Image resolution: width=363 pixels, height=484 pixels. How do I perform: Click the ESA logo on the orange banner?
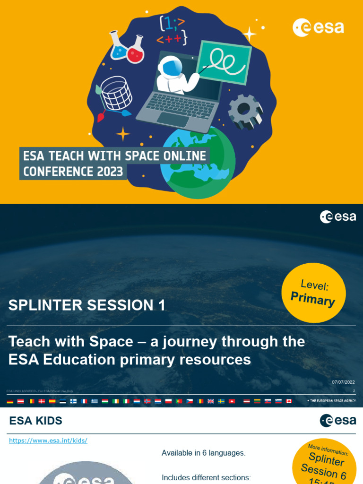[x=318, y=27]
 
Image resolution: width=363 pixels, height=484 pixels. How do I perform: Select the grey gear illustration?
[x=245, y=112]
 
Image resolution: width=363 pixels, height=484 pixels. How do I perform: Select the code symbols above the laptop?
[x=173, y=30]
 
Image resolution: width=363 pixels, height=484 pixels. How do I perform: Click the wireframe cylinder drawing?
[x=116, y=93]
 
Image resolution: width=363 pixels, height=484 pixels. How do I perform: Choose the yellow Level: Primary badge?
[x=313, y=293]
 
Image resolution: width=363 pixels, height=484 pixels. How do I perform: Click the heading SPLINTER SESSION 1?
[x=87, y=305]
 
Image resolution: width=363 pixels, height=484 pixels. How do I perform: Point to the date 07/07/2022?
[x=344, y=382]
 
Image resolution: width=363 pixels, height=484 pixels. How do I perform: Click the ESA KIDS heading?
[x=35, y=421]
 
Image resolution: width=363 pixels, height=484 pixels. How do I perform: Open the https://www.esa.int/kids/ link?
[x=48, y=441]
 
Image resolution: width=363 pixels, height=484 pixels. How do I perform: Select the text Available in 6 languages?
[x=204, y=453]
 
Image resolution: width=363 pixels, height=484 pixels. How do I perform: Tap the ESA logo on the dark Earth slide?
[x=338, y=217]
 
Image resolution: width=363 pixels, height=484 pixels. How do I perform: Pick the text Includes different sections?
[x=206, y=477]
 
